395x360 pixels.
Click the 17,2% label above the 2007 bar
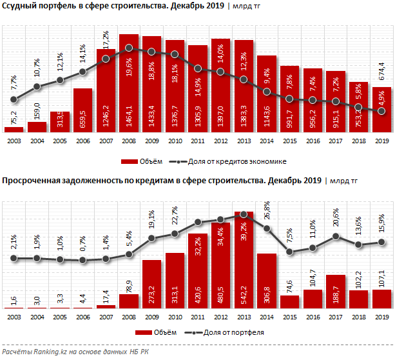click(106, 39)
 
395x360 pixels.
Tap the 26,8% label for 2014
click(267, 212)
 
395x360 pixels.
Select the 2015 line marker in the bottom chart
click(289, 252)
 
